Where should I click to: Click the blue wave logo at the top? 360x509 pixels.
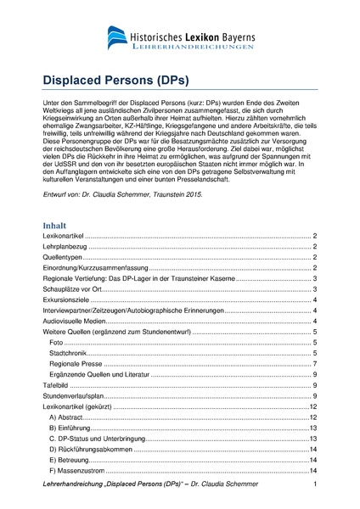(x=120, y=37)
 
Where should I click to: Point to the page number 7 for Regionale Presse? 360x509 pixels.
(x=314, y=363)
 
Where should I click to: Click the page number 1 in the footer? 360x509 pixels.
(x=314, y=484)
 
